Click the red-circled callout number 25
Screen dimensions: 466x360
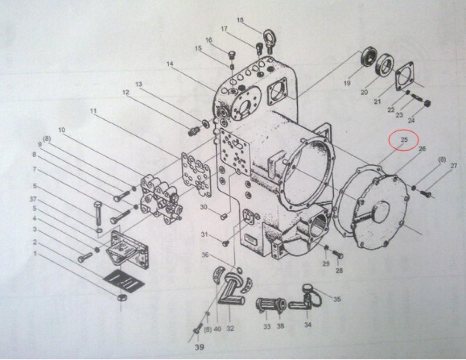pos(404,139)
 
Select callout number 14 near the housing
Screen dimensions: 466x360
pos(170,64)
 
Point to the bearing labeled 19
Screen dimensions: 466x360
pos(368,56)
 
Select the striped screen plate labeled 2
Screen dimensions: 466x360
pos(123,280)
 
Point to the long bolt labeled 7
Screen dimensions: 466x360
pos(98,214)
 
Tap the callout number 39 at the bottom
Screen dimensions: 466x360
pos(199,347)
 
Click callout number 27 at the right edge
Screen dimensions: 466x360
pos(453,166)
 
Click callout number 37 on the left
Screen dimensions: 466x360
pos(33,199)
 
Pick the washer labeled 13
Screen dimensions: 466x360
pos(205,124)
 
